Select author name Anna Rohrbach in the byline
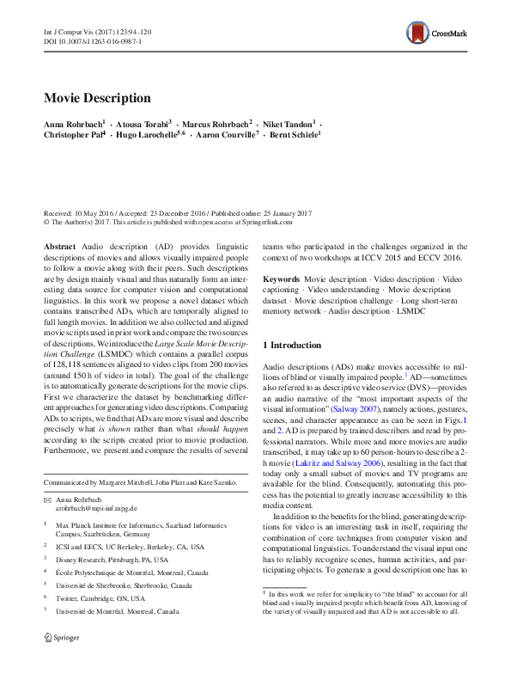(x=73, y=125)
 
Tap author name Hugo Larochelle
(x=148, y=136)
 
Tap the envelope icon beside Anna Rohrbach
(x=47, y=499)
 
